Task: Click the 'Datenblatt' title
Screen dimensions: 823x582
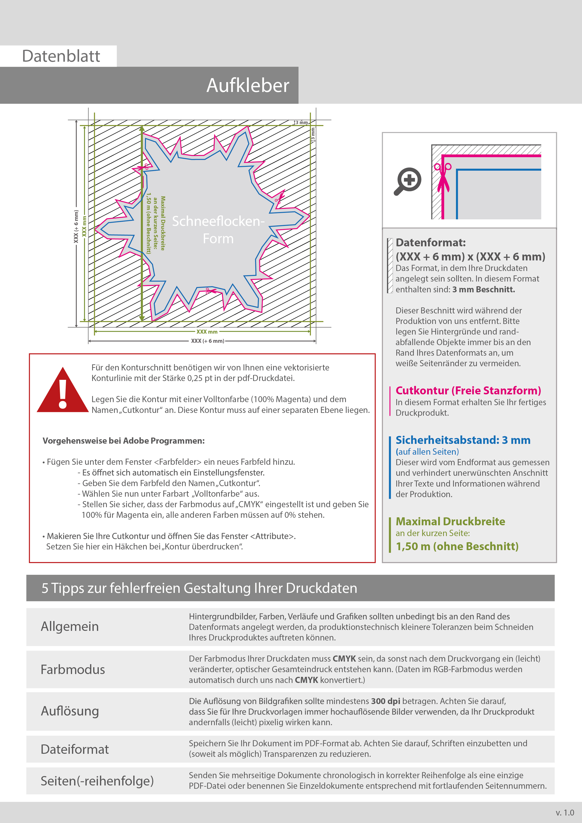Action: pyautogui.click(x=61, y=56)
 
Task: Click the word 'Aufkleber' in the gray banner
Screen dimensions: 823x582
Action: pyautogui.click(x=247, y=86)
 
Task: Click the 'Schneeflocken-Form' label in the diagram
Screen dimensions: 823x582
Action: pyautogui.click(x=218, y=230)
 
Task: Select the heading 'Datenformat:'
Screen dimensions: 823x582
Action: pyautogui.click(x=430, y=243)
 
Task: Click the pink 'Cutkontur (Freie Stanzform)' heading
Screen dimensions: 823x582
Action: pyautogui.click(x=468, y=390)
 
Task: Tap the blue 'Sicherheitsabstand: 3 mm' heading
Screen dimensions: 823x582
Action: pyautogui.click(x=463, y=440)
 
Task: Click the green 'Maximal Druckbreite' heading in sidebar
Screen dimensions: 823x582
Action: pyautogui.click(x=450, y=521)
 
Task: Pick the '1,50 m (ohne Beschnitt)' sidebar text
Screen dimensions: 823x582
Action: pyautogui.click(x=457, y=546)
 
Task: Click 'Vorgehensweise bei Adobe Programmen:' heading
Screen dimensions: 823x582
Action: pyautogui.click(x=123, y=441)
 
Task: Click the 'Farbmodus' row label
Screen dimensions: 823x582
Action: pyautogui.click(x=73, y=670)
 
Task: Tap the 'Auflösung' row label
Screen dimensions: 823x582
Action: pyautogui.click(x=69, y=711)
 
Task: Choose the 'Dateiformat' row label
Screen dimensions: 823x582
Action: pyautogui.click(x=75, y=749)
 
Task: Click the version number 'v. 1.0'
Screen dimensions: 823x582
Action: pyautogui.click(x=565, y=813)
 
